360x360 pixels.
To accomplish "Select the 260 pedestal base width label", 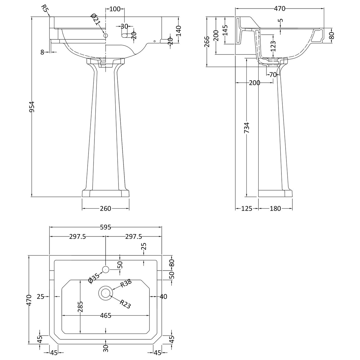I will click(106, 209).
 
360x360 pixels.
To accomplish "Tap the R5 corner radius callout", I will click(45, 8).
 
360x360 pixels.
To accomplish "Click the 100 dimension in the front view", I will click(115, 9).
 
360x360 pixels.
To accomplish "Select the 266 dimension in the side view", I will click(207, 41).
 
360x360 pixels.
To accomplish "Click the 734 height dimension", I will click(247, 128).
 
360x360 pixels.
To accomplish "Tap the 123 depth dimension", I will click(273, 46).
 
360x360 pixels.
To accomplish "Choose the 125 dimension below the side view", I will click(247, 209).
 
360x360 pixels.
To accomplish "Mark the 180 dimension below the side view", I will click(275, 209).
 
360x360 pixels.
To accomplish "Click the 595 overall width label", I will click(106, 227).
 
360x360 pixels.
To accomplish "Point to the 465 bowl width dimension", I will click(106, 316).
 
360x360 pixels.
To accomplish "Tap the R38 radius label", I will click(126, 284).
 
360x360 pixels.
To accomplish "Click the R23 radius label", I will click(125, 304).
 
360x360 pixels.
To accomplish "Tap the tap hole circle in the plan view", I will click(106, 269).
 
